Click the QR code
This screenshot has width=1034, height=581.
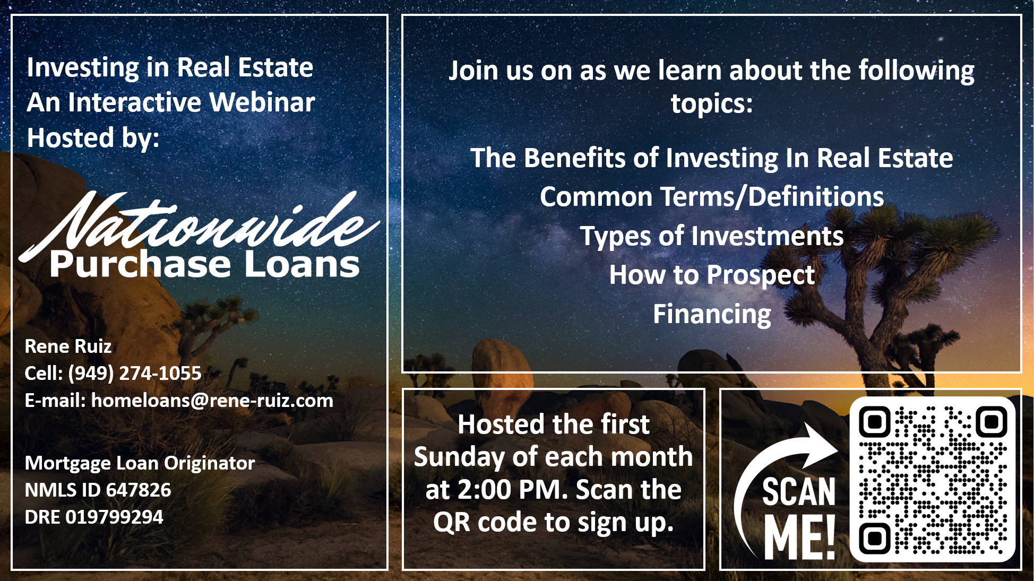click(x=933, y=479)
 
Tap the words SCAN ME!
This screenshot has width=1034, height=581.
click(x=799, y=517)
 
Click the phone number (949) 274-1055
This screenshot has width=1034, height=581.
click(x=135, y=374)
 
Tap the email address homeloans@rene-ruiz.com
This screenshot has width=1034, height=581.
click(x=212, y=401)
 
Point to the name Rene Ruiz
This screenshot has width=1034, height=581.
click(x=68, y=346)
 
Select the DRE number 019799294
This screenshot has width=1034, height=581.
click(x=115, y=517)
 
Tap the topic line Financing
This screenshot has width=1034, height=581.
click(x=712, y=314)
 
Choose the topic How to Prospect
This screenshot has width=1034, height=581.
click(x=712, y=275)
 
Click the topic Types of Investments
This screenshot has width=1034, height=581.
click(x=712, y=236)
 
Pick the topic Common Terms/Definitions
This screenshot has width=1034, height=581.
click(x=712, y=197)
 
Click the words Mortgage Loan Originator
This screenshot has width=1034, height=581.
click(x=140, y=463)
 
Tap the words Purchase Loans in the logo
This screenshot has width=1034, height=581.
click(x=205, y=264)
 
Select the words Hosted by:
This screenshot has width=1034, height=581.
click(x=93, y=137)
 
